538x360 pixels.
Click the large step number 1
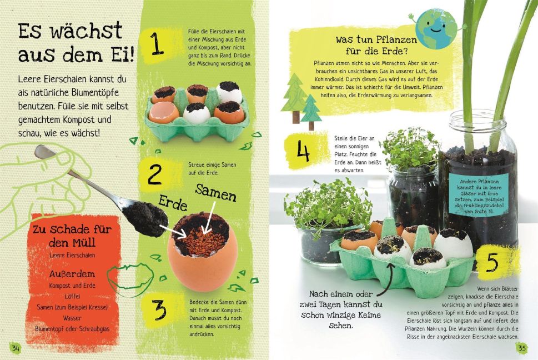[x=157, y=43]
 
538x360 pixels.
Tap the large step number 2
[x=154, y=174]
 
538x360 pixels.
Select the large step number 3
[x=159, y=310]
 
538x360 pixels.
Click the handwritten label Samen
[x=216, y=193]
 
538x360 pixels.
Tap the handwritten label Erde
[x=173, y=203]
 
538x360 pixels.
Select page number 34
[x=16, y=348]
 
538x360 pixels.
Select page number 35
[x=521, y=348]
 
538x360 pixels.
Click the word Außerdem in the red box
[x=72, y=274]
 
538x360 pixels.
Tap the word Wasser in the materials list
[x=72, y=318]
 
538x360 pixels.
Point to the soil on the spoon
[x=146, y=217]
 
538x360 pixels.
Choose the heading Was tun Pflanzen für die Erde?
[x=376, y=45]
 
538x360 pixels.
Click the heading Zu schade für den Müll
[x=72, y=236]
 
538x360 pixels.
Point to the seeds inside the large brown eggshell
[x=198, y=233]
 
